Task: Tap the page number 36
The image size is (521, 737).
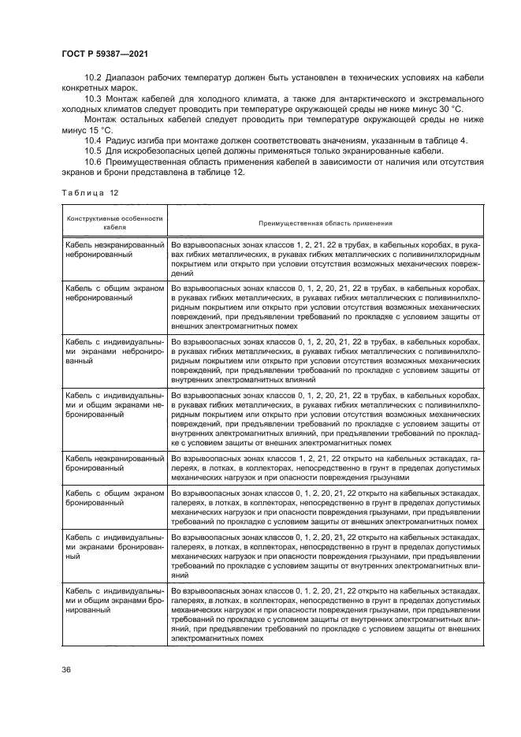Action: tap(66, 669)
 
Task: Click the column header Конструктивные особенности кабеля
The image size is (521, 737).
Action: tap(114, 223)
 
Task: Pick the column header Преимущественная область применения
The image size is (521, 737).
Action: tap(325, 223)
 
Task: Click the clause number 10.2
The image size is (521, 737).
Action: tap(94, 78)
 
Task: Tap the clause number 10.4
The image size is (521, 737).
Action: tap(94, 140)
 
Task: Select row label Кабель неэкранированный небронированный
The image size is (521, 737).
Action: tap(114, 251)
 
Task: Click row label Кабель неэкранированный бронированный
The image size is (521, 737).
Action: tap(114, 463)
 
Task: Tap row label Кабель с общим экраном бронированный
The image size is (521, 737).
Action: tap(114, 497)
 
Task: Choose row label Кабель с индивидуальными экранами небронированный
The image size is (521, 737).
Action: tap(114, 352)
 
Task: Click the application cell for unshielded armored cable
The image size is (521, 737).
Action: tap(325, 467)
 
